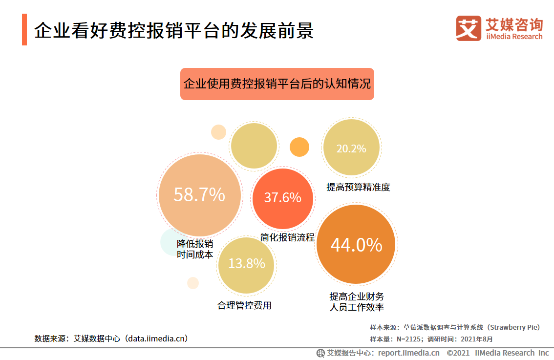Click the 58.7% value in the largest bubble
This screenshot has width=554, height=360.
click(x=199, y=195)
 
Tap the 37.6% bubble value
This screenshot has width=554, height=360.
click(x=282, y=198)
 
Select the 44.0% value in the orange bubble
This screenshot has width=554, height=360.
click(x=356, y=245)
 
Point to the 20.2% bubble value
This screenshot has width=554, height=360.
click(x=351, y=148)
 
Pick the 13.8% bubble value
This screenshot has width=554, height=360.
click(x=247, y=264)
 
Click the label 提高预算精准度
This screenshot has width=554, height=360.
click(x=358, y=187)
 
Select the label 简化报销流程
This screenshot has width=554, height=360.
click(x=287, y=237)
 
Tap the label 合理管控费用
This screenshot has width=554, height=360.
click(x=244, y=306)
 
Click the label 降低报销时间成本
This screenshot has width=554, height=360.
click(x=195, y=249)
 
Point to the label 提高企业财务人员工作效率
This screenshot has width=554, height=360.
click(x=357, y=302)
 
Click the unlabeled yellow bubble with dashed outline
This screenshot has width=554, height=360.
click(x=254, y=146)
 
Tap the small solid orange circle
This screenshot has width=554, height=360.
click(x=299, y=147)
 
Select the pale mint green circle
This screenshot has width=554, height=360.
click(x=169, y=243)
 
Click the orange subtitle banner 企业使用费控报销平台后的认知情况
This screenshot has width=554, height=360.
click(x=277, y=84)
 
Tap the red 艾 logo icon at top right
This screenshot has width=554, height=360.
click(x=469, y=28)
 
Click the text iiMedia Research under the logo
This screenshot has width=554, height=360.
click(x=514, y=37)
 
